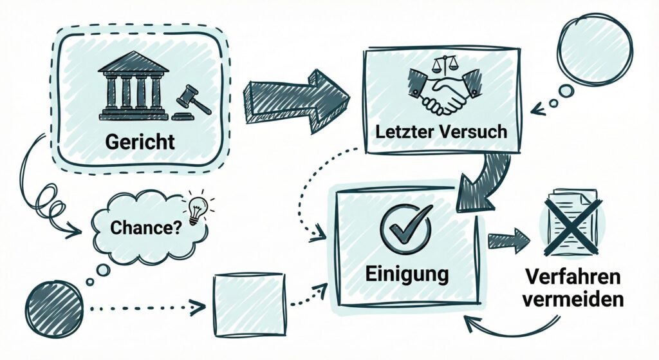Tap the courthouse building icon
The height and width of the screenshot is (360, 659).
(133, 87)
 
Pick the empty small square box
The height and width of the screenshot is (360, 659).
(249, 304)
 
